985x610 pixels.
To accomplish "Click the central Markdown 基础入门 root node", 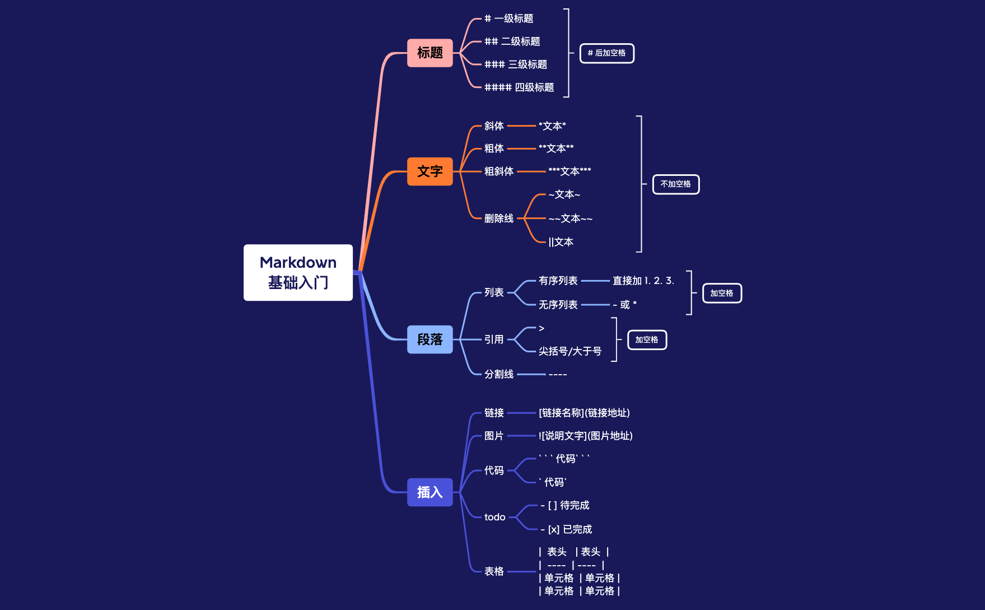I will pos(298,272).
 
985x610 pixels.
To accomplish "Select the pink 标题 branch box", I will pos(430,53).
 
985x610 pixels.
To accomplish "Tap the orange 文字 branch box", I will pos(430,171).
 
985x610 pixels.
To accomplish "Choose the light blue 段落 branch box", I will pos(430,339).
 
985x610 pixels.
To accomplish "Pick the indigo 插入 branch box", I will pos(430,492).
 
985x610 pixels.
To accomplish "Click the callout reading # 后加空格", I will pos(606,53).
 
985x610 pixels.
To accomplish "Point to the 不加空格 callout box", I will pos(675,184).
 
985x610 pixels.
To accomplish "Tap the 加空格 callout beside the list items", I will pos(721,293).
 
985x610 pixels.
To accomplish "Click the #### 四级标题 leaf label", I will pos(519,87).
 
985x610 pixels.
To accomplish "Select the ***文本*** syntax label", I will pos(569,171).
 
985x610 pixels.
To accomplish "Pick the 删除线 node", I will pos(498,218).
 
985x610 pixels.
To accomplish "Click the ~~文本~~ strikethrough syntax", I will pos(570,218).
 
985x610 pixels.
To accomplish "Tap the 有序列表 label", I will pos(558,281).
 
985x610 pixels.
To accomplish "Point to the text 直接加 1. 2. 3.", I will pos(643,281).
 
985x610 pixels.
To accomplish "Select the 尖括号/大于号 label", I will pos(569,351).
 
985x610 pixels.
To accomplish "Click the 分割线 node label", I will pos(498,374).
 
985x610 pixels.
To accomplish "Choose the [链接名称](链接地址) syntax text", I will pos(584,413).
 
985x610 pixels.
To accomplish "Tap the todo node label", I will pos(494,517).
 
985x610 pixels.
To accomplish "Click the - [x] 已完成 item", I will pos(566,529).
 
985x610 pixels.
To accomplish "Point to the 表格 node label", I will pos(494,571).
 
